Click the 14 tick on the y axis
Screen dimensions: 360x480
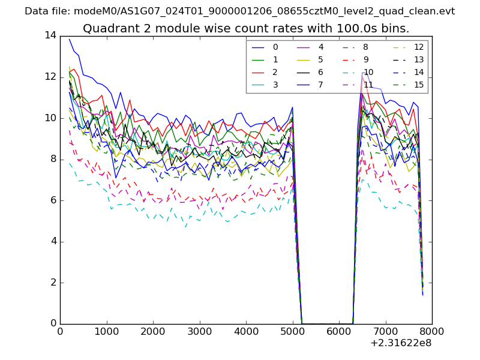click(x=50, y=35)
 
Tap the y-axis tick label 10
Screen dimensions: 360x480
click(x=50, y=118)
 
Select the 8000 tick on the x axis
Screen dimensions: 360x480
click(x=432, y=331)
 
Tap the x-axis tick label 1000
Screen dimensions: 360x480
click(x=106, y=331)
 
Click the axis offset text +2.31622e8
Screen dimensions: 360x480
click(x=401, y=343)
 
